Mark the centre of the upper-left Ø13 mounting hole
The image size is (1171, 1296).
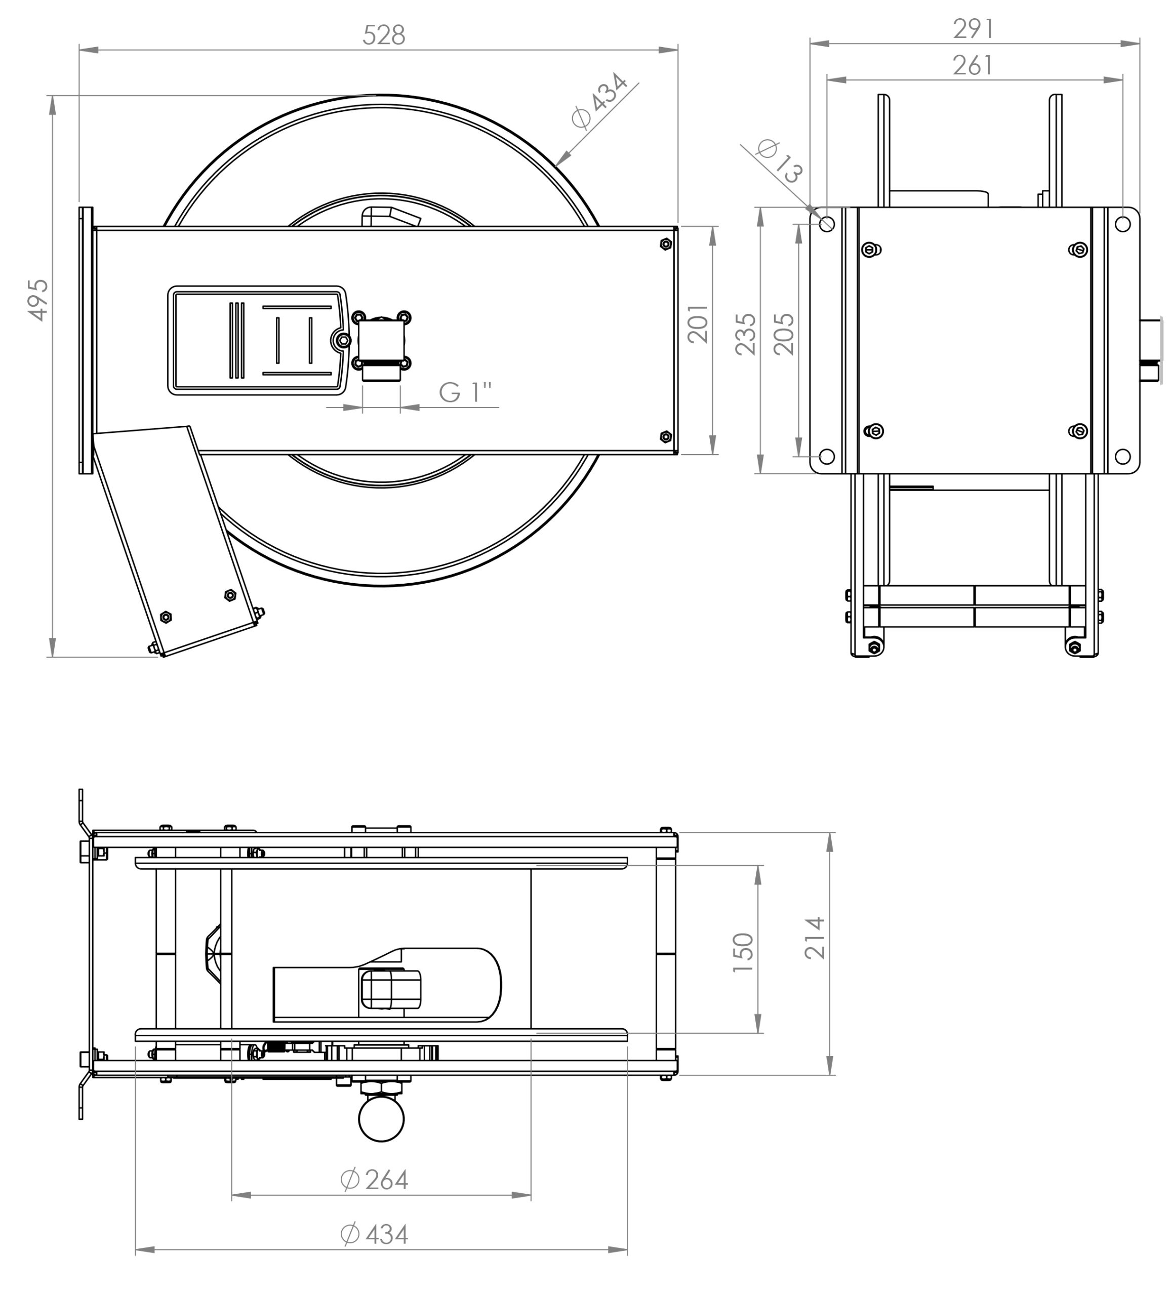click(x=826, y=224)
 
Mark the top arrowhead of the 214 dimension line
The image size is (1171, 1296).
click(x=830, y=842)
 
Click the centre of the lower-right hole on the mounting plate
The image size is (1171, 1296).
click(x=1122, y=457)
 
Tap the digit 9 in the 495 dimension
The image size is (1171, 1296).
click(x=38, y=300)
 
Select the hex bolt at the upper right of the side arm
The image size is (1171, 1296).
click(x=666, y=244)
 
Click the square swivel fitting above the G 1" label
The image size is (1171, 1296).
click(x=381, y=341)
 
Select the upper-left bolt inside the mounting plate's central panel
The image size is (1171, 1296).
click(x=871, y=250)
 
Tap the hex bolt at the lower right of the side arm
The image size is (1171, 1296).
click(x=666, y=437)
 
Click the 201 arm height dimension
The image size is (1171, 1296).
click(x=698, y=324)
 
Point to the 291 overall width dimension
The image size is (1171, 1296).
click(x=974, y=29)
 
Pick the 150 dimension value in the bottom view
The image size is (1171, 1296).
click(x=743, y=952)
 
